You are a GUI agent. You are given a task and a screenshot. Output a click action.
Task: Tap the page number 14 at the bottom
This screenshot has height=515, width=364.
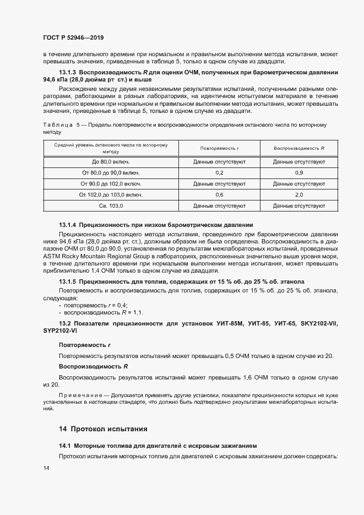pyautogui.click(x=46, y=468)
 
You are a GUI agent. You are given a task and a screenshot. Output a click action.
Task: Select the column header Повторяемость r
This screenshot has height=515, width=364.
pyautogui.click(x=219, y=148)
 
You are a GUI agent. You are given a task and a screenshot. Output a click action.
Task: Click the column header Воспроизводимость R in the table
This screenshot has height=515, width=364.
pyautogui.click(x=299, y=148)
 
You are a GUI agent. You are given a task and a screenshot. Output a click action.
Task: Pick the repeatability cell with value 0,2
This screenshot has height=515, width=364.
pyautogui.click(x=219, y=173)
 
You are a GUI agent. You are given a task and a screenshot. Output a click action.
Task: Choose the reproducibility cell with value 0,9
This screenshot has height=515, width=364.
pyautogui.click(x=299, y=173)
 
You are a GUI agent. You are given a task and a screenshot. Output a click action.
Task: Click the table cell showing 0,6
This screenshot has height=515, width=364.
pyautogui.click(x=219, y=195)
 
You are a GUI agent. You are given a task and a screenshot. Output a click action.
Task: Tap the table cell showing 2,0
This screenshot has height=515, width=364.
pyautogui.click(x=299, y=195)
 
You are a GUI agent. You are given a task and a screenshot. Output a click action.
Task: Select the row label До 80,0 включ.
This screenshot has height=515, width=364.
pyautogui.click(x=111, y=162)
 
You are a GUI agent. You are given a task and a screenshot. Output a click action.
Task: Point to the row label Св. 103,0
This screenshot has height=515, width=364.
pyautogui.click(x=111, y=205)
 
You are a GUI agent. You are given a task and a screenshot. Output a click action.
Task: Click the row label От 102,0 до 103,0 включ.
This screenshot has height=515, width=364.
pyautogui.click(x=111, y=195)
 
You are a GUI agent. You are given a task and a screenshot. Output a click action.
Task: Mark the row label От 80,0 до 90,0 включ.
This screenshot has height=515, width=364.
pyautogui.click(x=111, y=173)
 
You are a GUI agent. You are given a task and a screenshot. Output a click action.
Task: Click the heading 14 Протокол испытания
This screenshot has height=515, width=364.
pyautogui.click(x=103, y=429)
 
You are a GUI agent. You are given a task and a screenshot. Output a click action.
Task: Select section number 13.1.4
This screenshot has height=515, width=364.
pyautogui.click(x=67, y=225)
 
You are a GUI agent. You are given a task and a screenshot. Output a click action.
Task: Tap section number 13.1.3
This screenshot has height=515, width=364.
pyautogui.click(x=67, y=73)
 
